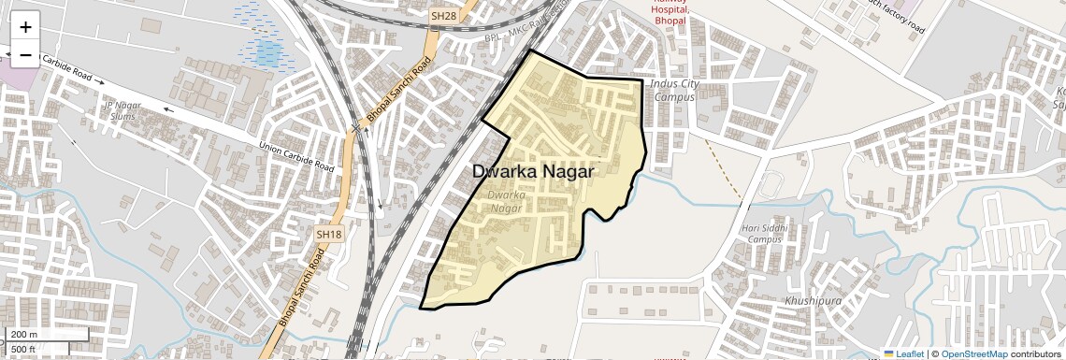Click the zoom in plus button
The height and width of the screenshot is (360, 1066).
[x=25, y=28]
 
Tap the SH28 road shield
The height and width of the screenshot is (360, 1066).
[x=442, y=17]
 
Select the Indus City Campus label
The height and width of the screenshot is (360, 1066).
[x=675, y=90]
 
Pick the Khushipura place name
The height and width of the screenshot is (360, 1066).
[x=814, y=302]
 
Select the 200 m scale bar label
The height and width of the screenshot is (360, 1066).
[x=24, y=335]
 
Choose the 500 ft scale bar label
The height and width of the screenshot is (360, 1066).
[x=23, y=349]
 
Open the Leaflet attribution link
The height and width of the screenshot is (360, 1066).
[x=910, y=354]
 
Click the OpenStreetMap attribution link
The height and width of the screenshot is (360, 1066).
[x=974, y=354]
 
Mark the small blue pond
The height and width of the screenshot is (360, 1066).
[x=268, y=51]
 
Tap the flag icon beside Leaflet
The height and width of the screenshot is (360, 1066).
[x=889, y=354]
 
